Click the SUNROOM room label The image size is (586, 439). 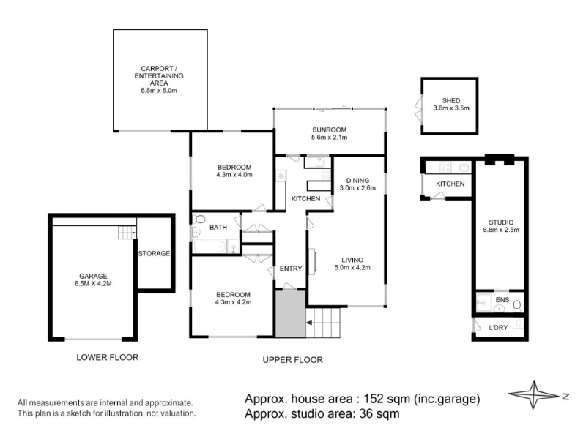click(329, 130)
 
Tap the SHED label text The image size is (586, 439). click(451, 101)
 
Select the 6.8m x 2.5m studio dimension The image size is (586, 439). click(501, 230)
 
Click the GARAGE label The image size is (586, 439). click(93, 277)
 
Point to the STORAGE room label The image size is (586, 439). click(154, 254)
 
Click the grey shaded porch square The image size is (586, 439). click(290, 314)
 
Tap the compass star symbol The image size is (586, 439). click(534, 395)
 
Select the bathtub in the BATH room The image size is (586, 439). click(209, 247)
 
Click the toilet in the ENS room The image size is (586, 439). click(517, 306)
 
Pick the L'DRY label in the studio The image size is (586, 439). click(498, 328)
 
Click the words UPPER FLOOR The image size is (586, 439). click(292, 360)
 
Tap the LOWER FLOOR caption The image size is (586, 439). click(108, 358)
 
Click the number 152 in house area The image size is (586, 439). click(374, 399)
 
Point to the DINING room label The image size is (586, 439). click(357, 181)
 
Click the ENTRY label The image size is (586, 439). click(291, 269)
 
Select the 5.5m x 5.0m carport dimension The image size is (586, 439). click(159, 91)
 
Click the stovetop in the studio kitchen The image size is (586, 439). click(445, 168)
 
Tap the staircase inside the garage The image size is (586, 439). click(127, 233)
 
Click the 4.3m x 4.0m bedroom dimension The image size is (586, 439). click(234, 175)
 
